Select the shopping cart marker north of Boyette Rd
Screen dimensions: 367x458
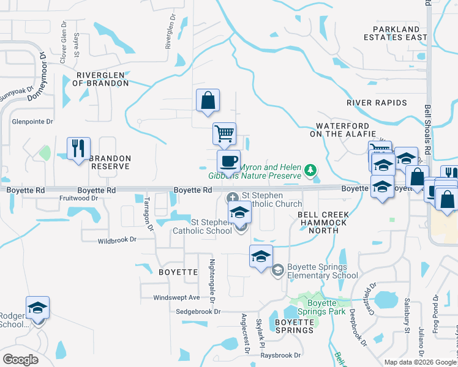tap(225, 133)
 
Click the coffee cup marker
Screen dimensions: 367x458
tap(229, 162)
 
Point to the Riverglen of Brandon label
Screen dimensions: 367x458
tap(102, 80)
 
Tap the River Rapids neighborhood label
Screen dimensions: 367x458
tap(377, 102)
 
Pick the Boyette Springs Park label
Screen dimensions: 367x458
tap(322, 307)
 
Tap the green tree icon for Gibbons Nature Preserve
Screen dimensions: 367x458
tap(311, 169)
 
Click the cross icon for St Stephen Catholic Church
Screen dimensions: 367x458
tap(233, 198)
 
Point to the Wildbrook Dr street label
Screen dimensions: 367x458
tap(117, 240)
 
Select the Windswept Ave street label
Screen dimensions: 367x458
tap(176, 297)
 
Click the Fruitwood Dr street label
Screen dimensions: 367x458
tap(78, 198)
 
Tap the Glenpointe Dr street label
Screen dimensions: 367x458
tap(32, 121)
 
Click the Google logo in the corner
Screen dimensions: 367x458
tap(20, 360)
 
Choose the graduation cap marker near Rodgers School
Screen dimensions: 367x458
tap(37, 308)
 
